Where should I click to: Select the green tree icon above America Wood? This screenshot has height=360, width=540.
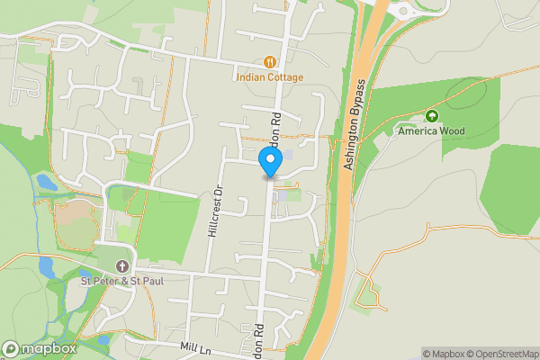tap(432, 116)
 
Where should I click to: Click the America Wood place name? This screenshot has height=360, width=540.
tap(432, 131)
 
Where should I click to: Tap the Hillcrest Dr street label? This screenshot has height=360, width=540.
tap(214, 212)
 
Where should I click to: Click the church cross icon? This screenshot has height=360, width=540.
tap(121, 266)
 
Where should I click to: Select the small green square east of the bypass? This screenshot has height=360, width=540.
tap(367, 292)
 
